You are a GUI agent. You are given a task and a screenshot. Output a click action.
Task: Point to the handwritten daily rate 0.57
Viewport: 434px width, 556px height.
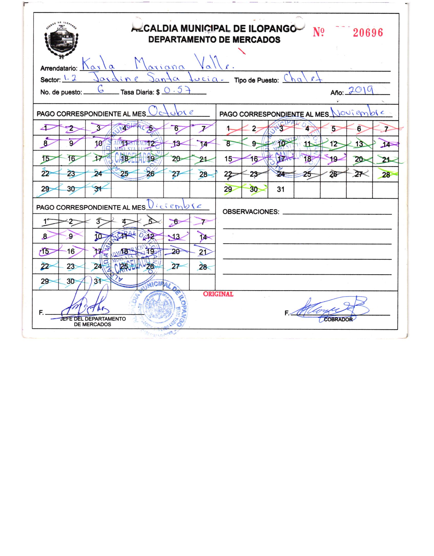tap(177, 90)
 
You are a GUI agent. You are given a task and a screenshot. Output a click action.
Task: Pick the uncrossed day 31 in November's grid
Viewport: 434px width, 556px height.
tap(281, 190)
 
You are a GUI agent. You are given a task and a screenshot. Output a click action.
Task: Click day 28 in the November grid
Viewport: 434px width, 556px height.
tap(386, 175)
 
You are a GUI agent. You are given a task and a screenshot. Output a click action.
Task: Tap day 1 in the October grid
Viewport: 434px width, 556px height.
tap(46, 128)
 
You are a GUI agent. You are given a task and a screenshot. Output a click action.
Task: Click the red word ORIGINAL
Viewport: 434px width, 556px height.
tap(218, 294)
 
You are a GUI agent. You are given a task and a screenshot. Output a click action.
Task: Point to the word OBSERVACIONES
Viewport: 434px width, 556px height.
tap(251, 212)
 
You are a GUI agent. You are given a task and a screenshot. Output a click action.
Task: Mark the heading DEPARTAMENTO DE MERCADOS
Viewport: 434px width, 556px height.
tap(214, 40)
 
